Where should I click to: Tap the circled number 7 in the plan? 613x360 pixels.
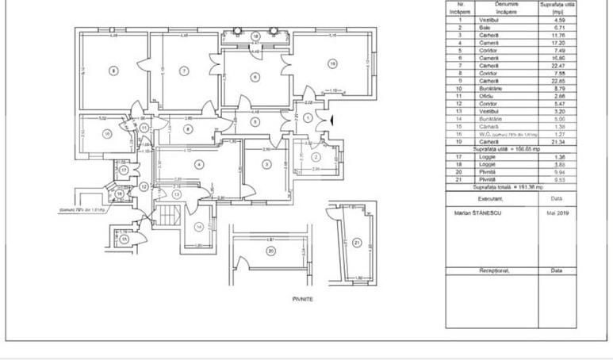(x=184, y=71)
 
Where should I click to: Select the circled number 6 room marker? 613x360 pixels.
(x=255, y=77)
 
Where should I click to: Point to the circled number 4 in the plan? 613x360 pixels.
(x=199, y=164)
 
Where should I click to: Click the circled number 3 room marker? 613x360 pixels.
(x=266, y=164)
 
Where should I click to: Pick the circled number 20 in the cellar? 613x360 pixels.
(x=270, y=252)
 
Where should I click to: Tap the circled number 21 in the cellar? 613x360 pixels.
(x=357, y=243)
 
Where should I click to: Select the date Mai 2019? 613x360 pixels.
(x=557, y=213)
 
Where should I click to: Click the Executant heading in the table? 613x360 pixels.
(x=491, y=199)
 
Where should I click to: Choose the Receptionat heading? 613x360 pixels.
(x=491, y=270)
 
